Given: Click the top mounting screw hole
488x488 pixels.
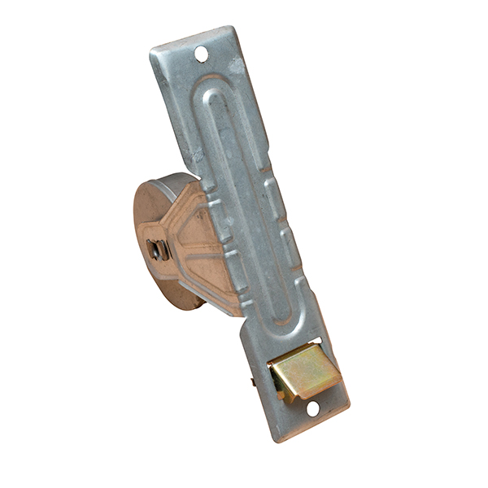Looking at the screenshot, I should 201,54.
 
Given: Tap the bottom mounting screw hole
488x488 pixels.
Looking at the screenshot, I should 312,408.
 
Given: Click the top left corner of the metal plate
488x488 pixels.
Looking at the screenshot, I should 151,54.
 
